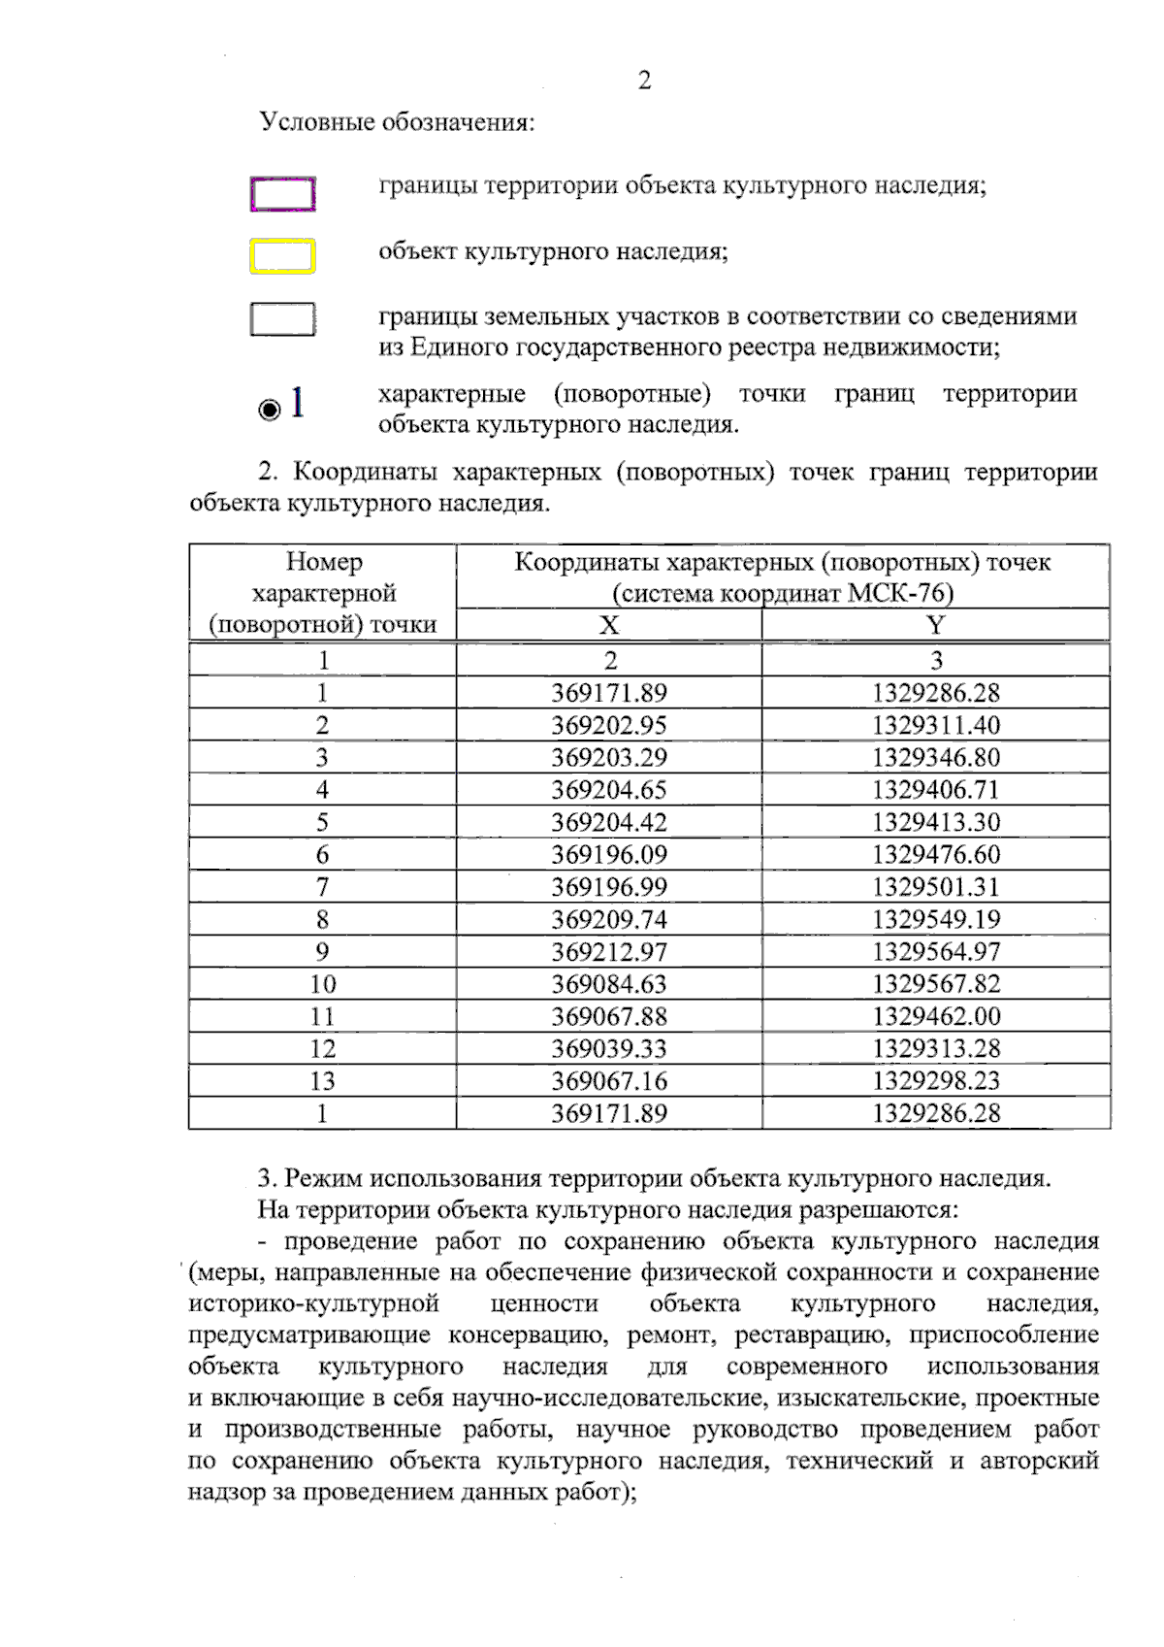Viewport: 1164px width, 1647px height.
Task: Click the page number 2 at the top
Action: point(644,81)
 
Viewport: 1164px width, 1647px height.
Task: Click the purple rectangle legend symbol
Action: point(282,194)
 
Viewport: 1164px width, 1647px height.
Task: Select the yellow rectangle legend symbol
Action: point(282,256)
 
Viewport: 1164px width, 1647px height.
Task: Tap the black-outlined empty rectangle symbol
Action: point(282,319)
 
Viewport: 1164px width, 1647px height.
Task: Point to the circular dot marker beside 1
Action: point(270,409)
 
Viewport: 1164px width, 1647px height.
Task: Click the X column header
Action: point(609,625)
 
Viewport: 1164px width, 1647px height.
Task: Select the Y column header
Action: point(935,625)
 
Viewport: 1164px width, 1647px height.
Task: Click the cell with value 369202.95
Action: point(609,725)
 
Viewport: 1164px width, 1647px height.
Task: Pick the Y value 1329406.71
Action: point(935,789)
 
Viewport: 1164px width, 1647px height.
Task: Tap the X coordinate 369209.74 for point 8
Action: point(609,919)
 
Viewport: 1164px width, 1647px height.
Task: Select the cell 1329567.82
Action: point(935,983)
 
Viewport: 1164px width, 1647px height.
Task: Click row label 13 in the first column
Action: point(322,1080)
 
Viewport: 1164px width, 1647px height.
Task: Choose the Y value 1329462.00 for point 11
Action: point(935,1016)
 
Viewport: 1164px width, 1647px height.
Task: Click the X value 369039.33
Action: point(609,1048)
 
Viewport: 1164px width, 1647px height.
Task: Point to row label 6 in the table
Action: point(322,854)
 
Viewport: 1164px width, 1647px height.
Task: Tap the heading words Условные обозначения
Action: point(397,122)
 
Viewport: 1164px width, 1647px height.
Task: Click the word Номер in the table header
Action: point(324,562)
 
